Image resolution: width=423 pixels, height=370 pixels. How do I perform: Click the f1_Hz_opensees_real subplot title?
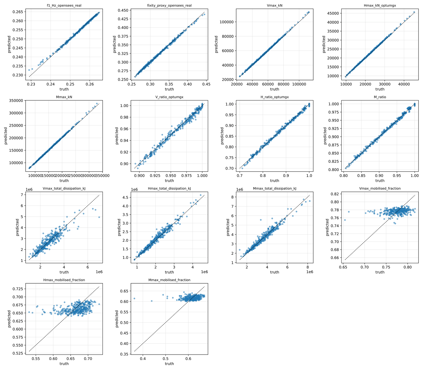(64, 5)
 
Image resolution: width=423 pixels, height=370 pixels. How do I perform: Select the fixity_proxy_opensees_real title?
(169, 5)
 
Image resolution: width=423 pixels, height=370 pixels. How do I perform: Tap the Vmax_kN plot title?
(274, 5)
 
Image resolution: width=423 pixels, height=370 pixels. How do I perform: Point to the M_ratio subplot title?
(380, 97)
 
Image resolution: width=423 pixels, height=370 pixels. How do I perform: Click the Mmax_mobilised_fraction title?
(169, 280)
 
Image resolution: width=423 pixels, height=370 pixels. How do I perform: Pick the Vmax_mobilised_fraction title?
(380, 188)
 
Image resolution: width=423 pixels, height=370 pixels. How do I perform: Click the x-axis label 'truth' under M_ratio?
(380, 181)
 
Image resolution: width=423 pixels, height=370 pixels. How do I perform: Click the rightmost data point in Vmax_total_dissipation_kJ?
(99, 217)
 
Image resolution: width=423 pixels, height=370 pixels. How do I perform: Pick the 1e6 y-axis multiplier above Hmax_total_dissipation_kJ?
(135, 189)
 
